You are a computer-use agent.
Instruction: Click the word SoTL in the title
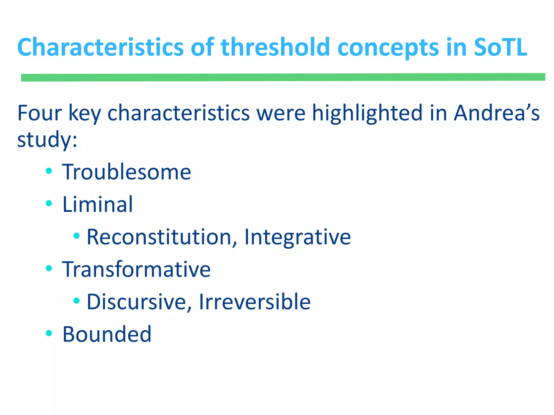click(500, 47)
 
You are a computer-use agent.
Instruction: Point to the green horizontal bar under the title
click(283, 77)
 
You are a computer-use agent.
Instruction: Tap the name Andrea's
click(497, 113)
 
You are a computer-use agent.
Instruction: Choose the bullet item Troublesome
click(127, 172)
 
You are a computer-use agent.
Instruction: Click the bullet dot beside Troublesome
click(49, 171)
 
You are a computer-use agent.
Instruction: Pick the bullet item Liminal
click(98, 204)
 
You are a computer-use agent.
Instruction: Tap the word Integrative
click(298, 237)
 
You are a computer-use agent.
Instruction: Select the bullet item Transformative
click(136, 269)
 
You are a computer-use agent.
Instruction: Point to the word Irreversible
click(255, 302)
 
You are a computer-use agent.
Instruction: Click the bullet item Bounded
click(107, 334)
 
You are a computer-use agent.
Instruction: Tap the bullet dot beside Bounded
click(49, 333)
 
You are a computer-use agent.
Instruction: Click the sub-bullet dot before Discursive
click(77, 300)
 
